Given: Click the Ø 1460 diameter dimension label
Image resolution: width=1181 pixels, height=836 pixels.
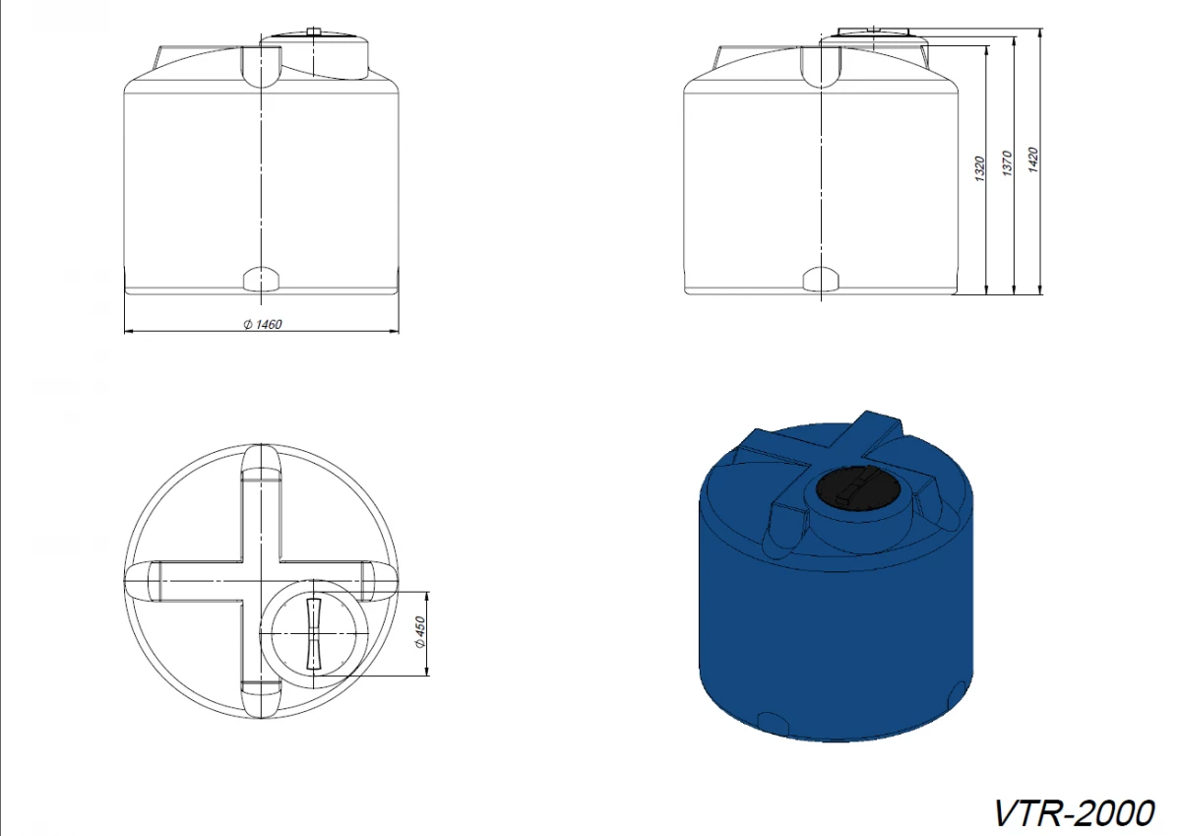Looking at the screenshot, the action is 263,324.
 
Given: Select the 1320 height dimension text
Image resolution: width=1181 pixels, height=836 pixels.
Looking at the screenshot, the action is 980,168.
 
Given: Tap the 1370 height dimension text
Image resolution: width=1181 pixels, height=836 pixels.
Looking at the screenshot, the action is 1008,163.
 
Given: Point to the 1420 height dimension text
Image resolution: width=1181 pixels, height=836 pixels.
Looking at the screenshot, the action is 1033,160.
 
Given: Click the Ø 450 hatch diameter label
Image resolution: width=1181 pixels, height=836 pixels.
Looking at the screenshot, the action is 420,632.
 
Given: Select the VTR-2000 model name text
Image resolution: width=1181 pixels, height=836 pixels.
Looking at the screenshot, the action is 1074,812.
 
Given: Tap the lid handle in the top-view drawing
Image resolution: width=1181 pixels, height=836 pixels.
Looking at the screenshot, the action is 314,633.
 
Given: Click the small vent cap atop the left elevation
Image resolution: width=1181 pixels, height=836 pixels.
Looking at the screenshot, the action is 314,31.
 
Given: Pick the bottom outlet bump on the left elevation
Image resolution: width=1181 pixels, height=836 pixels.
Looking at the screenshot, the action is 261,279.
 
